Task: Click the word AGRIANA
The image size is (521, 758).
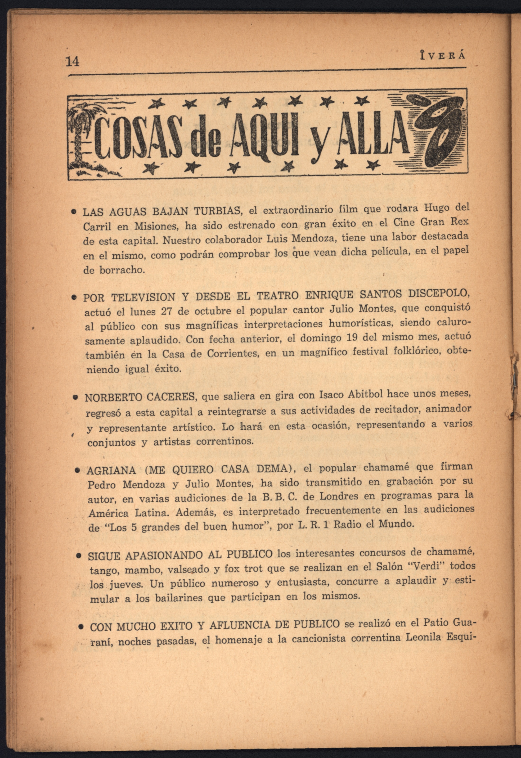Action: tap(111, 470)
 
